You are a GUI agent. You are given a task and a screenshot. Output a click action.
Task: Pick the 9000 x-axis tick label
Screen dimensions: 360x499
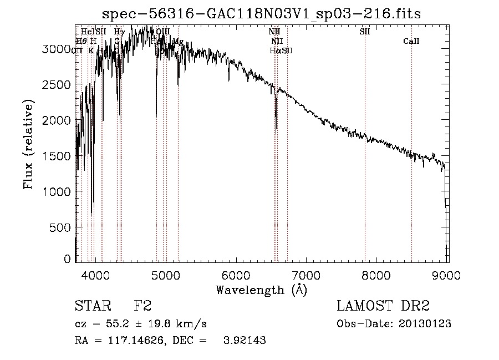click(448, 276)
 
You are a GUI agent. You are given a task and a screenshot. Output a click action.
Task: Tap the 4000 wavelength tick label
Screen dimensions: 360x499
click(95, 276)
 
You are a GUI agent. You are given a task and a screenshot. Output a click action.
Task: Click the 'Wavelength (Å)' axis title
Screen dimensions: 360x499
click(261, 290)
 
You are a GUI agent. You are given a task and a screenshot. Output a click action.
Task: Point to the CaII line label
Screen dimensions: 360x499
click(411, 42)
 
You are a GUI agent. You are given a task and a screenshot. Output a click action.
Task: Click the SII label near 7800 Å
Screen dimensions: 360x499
click(364, 32)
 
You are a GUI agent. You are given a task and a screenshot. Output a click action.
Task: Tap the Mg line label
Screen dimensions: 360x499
click(178, 42)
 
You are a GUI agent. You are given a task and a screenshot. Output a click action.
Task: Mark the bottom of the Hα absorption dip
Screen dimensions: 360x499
click(276, 132)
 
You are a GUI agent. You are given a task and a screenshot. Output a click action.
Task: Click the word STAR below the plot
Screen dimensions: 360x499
click(93, 306)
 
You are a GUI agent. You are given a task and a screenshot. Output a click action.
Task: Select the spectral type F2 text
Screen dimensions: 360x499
click(142, 306)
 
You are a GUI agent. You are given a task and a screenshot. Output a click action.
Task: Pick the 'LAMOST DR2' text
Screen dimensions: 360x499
click(383, 306)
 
